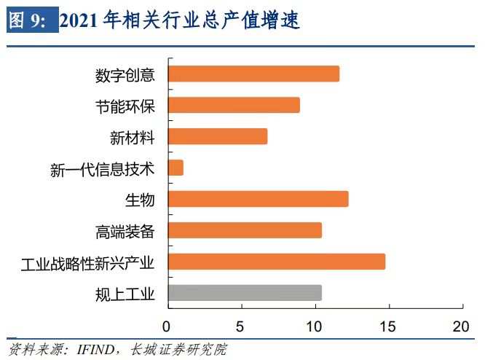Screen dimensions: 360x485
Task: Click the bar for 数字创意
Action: (x=253, y=74)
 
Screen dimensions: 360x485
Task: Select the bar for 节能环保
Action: (x=234, y=105)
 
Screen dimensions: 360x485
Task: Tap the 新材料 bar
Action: (x=218, y=136)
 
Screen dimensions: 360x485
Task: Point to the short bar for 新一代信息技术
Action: (x=176, y=168)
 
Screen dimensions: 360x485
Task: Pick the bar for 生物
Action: (x=258, y=199)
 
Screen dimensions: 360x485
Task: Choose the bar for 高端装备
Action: (x=245, y=230)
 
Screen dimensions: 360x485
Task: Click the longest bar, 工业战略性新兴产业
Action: (x=276, y=262)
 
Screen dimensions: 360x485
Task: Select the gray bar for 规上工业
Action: (x=245, y=293)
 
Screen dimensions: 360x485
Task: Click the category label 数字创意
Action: (x=125, y=75)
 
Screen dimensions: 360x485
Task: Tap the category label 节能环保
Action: (x=125, y=106)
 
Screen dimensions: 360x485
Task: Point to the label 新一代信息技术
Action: (x=103, y=169)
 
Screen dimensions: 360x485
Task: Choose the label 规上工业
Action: (x=125, y=294)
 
